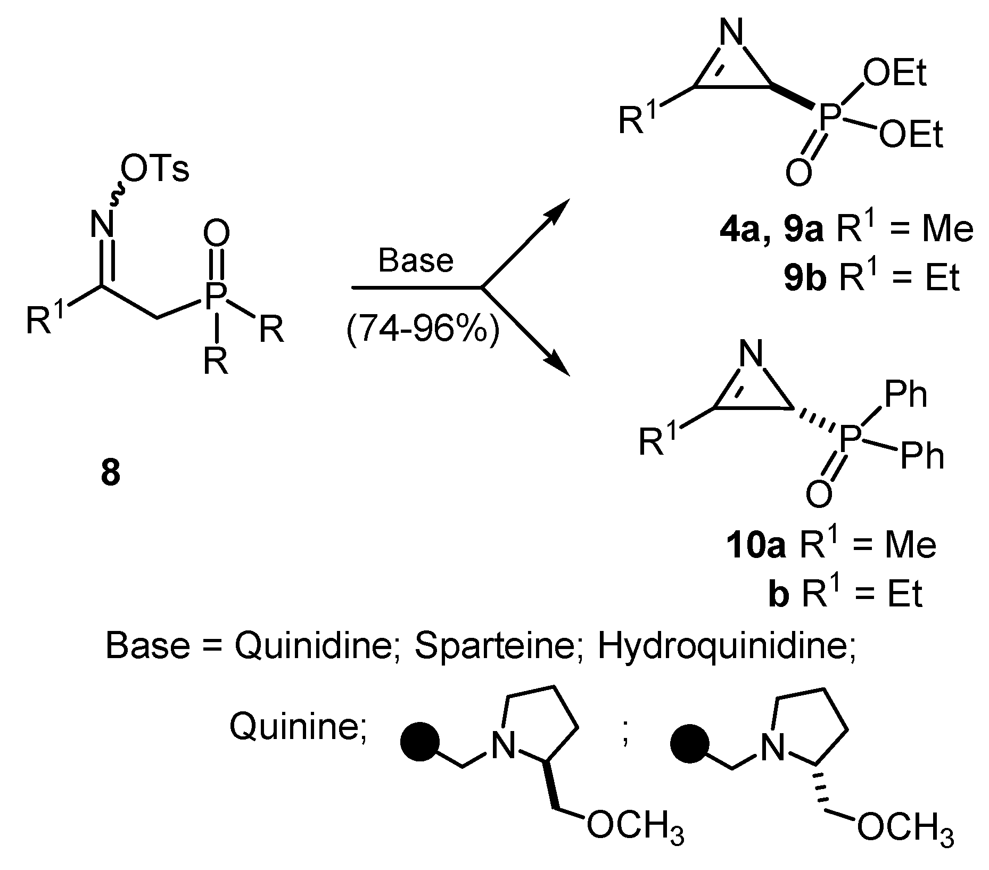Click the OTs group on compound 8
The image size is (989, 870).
pyautogui.click(x=155, y=171)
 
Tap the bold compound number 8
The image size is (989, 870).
pyautogui.click(x=111, y=472)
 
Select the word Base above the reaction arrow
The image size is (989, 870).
pyautogui.click(x=416, y=260)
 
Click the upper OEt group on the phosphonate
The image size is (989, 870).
pyautogui.click(x=894, y=74)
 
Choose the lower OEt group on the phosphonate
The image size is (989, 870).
pyautogui.click(x=910, y=135)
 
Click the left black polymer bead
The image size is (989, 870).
pyautogui.click(x=419, y=742)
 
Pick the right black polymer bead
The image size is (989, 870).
pyautogui.click(x=689, y=742)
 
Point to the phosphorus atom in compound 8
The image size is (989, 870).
pyautogui.click(x=216, y=296)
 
